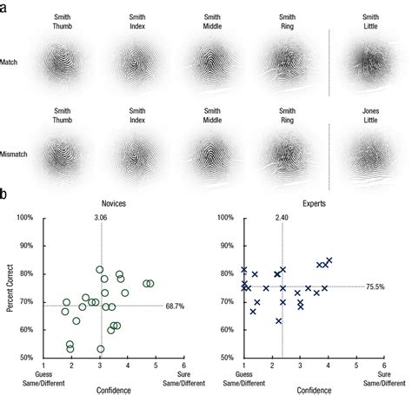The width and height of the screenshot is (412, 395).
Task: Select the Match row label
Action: [17, 63]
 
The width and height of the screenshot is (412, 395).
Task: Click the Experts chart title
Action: [300, 200]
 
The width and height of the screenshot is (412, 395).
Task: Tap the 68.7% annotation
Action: [176, 304]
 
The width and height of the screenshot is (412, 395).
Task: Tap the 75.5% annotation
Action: [375, 286]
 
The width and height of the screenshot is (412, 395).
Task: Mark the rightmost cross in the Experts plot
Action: [329, 260]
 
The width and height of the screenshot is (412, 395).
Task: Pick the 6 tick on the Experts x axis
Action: [383, 365]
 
